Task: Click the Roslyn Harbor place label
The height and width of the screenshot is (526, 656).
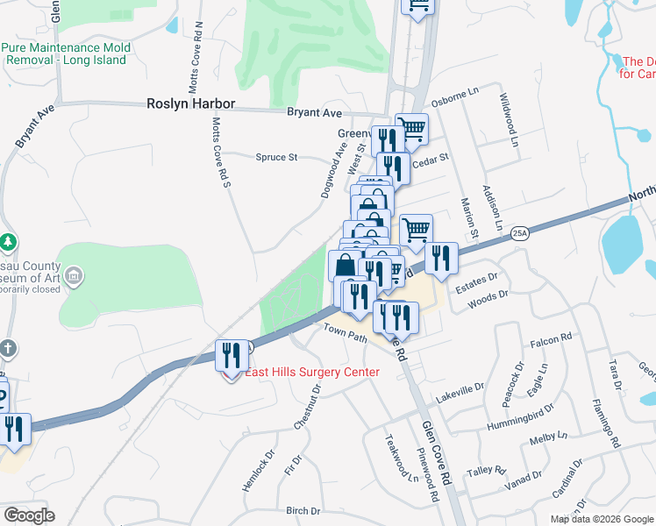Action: pyautogui.click(x=190, y=103)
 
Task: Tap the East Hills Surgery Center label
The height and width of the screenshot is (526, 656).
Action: pyautogui.click(x=312, y=373)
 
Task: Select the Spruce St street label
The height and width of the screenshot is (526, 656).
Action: pyautogui.click(x=277, y=158)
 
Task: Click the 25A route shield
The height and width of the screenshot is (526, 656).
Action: pyautogui.click(x=520, y=233)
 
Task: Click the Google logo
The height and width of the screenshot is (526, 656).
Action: pyautogui.click(x=29, y=515)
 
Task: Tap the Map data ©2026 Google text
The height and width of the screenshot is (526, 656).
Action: pyautogui.click(x=602, y=519)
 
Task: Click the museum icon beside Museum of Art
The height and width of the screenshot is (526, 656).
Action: pyautogui.click(x=75, y=277)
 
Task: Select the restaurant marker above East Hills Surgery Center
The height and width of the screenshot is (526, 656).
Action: pyautogui.click(x=231, y=354)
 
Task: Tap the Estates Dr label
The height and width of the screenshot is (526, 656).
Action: pyautogui.click(x=475, y=279)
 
